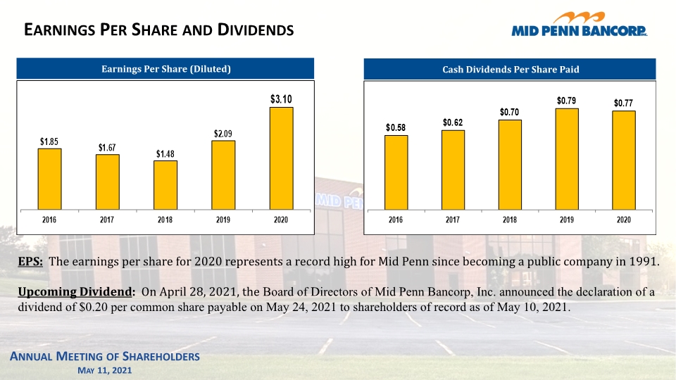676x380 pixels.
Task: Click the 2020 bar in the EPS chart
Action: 281,158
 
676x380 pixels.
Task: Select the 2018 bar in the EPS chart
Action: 165,185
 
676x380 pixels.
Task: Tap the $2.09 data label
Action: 223,134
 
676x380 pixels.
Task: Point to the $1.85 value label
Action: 49,141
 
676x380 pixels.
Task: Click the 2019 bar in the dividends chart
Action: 567,159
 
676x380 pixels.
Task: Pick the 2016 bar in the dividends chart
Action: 396,172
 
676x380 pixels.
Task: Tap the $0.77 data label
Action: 623,103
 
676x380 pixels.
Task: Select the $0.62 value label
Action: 453,122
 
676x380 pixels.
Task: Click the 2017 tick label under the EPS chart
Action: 107,220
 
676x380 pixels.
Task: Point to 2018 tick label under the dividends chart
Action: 510,220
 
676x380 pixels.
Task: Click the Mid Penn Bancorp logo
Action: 580,24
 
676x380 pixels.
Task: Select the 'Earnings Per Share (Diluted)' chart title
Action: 166,69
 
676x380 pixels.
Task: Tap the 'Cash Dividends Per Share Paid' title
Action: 511,70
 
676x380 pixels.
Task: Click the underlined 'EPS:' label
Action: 30,262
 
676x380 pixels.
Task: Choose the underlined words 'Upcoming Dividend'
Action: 75,291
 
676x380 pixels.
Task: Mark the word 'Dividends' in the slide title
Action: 256,30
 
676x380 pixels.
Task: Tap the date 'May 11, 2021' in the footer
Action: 105,370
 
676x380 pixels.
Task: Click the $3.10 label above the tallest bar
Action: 281,99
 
